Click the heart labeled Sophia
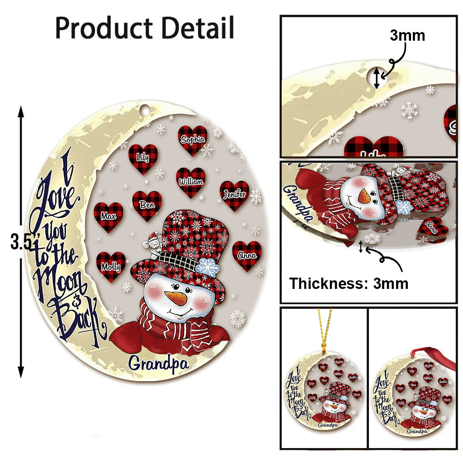pyautogui.click(x=193, y=140)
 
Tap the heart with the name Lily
pyautogui.click(x=143, y=158)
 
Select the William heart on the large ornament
pyautogui.click(x=190, y=182)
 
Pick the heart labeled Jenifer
pyautogui.click(x=234, y=195)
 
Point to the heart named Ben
pyautogui.click(x=147, y=205)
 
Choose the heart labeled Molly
pyautogui.click(x=111, y=266)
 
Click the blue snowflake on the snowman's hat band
pyautogui.click(x=207, y=267)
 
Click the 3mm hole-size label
pyautogui.click(x=407, y=35)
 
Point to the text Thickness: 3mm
pyautogui.click(x=349, y=283)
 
